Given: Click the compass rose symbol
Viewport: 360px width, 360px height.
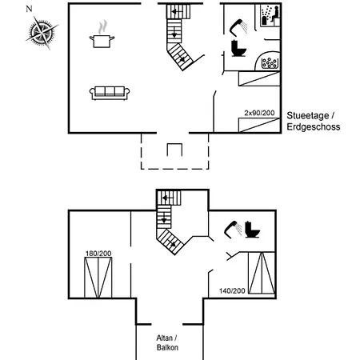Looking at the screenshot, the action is click(42, 33).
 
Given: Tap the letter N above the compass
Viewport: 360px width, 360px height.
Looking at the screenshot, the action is click(29, 9).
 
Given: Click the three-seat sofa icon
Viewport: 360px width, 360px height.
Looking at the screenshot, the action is click(110, 94).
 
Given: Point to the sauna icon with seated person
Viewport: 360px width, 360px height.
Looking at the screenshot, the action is click(270, 16).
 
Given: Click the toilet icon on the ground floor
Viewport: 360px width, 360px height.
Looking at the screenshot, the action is click(238, 48).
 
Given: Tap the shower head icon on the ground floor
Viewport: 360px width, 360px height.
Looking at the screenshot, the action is click(238, 27).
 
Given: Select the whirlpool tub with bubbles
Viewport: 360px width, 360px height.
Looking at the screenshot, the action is click(268, 61).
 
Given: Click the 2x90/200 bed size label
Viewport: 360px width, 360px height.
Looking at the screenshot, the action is click(259, 113).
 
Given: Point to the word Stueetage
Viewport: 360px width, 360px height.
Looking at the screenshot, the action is click(308, 115).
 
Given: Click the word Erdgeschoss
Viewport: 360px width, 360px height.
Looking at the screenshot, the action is click(314, 126).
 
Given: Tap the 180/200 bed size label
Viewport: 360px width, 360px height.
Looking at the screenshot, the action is click(98, 254).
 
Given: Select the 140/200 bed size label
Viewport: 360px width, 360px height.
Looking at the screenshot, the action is click(232, 290).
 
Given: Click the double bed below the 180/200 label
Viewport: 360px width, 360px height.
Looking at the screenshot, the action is click(98, 278).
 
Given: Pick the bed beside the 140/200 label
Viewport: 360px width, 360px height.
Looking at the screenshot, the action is click(262, 273).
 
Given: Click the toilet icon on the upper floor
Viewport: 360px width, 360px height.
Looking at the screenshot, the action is click(252, 230).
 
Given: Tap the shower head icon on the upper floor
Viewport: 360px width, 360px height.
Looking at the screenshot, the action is click(233, 229).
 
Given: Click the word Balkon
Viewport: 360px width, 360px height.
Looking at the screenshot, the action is click(167, 347).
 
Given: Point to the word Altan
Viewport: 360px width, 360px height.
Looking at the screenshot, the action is click(164, 338).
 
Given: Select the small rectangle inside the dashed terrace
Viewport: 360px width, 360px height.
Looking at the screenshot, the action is click(174, 150).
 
